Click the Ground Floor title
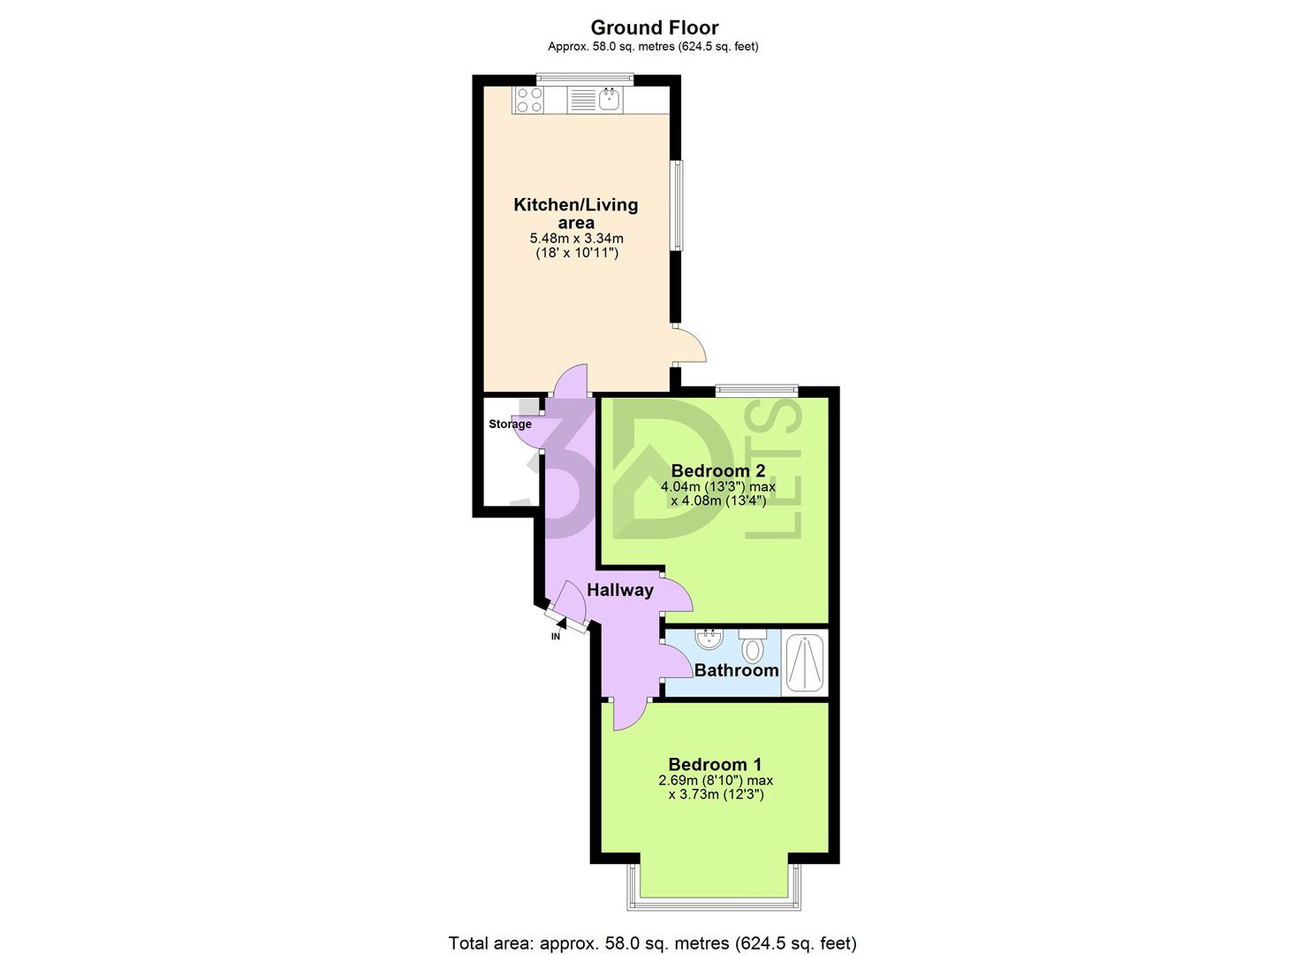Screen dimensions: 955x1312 click(654, 27)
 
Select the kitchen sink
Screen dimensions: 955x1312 click(610, 100)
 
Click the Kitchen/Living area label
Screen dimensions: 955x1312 click(575, 213)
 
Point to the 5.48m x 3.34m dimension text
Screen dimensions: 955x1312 click(575, 238)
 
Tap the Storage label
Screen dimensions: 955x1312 click(510, 424)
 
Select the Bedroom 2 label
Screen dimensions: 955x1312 click(717, 470)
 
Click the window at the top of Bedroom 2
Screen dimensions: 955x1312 click(756, 389)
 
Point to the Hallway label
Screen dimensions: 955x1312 click(620, 590)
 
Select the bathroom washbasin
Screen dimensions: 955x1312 click(709, 638)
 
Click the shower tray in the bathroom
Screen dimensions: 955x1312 click(805, 663)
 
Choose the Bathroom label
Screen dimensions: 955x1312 click(736, 669)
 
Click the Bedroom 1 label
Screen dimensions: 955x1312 click(715, 764)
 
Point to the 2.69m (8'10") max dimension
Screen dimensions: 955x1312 click(716, 780)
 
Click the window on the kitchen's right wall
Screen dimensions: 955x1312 click(676, 205)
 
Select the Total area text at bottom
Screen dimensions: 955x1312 click(652, 943)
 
